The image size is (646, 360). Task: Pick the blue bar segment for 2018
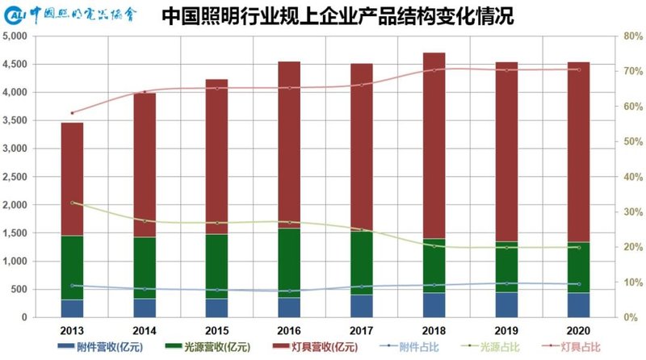pos(435,305)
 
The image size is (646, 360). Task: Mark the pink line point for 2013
pos(73,113)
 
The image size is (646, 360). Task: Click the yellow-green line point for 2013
pos(73,203)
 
